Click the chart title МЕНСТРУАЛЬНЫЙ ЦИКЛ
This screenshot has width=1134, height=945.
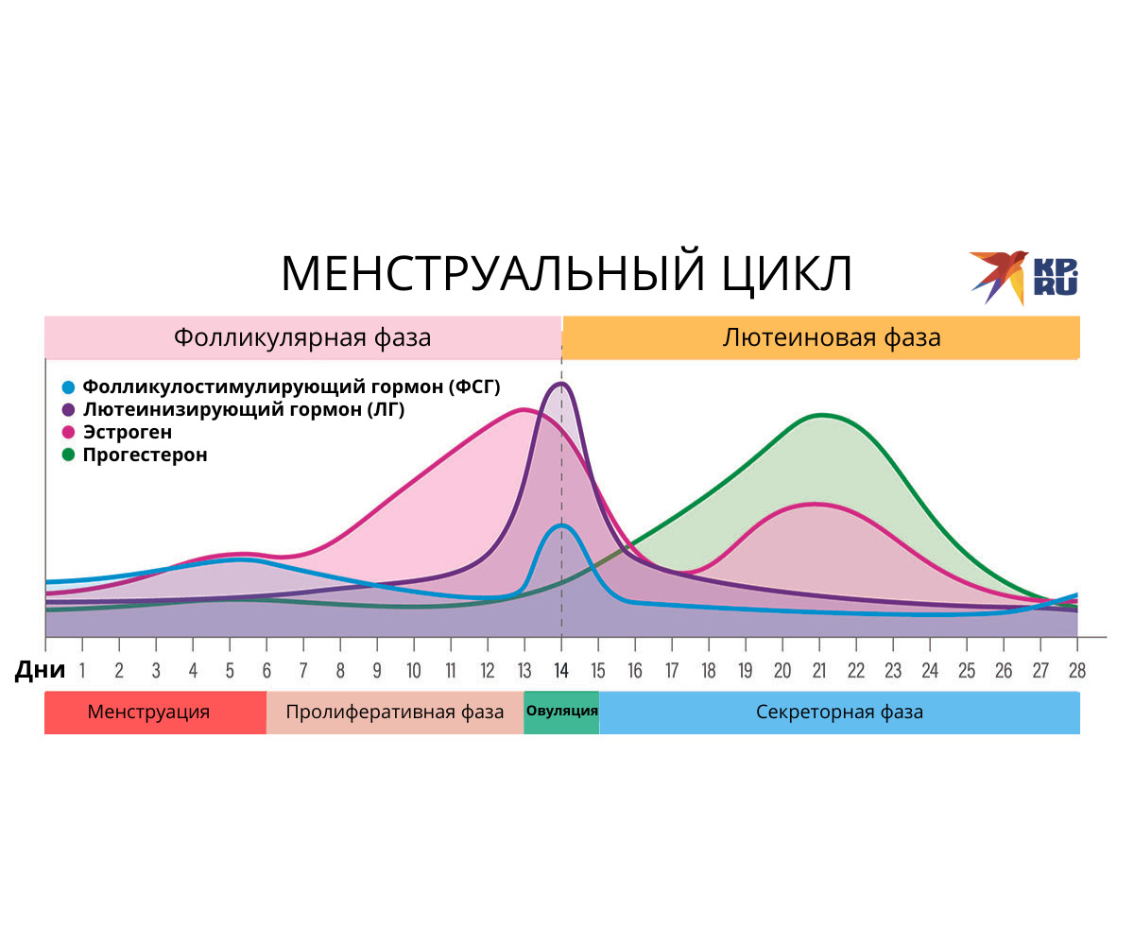pos(566,273)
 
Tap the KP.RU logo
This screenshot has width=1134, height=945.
pos(1023,278)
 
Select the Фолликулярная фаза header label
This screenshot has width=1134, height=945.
pos(302,337)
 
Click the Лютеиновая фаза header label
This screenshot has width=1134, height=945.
pos(831,337)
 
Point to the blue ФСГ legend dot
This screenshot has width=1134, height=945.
pos(68,387)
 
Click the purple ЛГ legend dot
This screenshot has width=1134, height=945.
pos(68,409)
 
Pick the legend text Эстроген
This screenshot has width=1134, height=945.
pos(127,432)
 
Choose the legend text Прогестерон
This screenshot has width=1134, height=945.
pos(145,455)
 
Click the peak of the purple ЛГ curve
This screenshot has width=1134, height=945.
pos(561,384)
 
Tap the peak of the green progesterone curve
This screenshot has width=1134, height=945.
pos(822,416)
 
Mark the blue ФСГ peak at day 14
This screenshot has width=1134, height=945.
pos(561,525)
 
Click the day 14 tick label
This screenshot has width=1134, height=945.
pos(561,671)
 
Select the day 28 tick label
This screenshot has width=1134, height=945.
pos(1077,671)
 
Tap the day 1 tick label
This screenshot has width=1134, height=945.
pos(82,671)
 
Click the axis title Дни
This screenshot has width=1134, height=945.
pos(40,670)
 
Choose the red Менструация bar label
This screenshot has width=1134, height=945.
pos(148,712)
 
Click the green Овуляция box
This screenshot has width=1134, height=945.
pos(561,713)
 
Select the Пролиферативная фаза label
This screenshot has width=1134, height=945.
pos(395,712)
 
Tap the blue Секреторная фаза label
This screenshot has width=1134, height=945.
pos(839,712)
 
